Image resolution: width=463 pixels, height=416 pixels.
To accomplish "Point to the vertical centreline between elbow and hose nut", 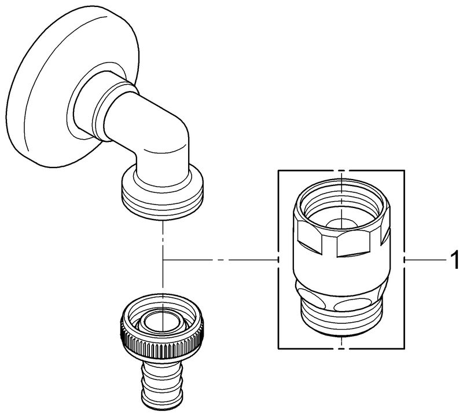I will (x=164, y=243).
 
